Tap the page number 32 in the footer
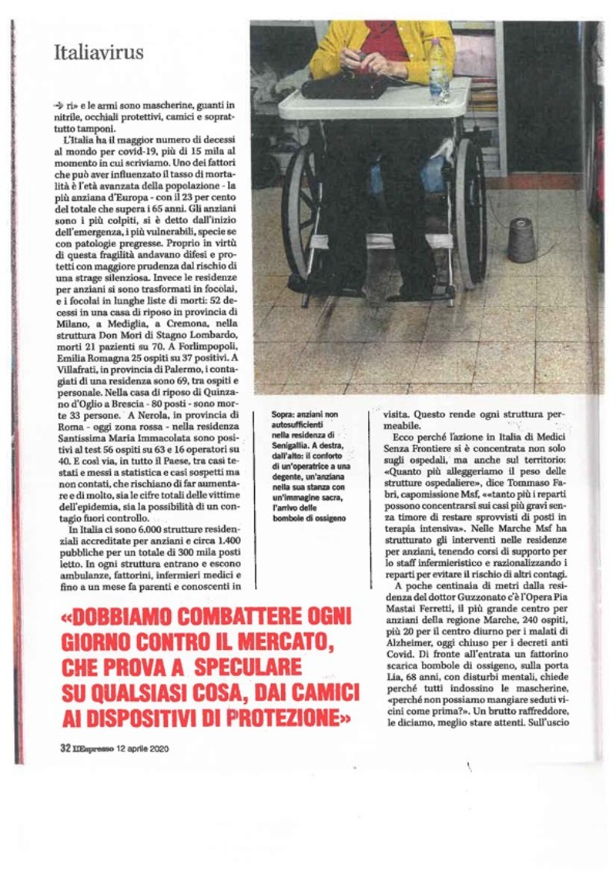tap(65, 748)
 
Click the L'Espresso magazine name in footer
tap(93, 748)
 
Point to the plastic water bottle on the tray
tap(439, 71)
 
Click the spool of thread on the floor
tap(521, 240)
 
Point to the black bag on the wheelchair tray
tap(343, 85)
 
